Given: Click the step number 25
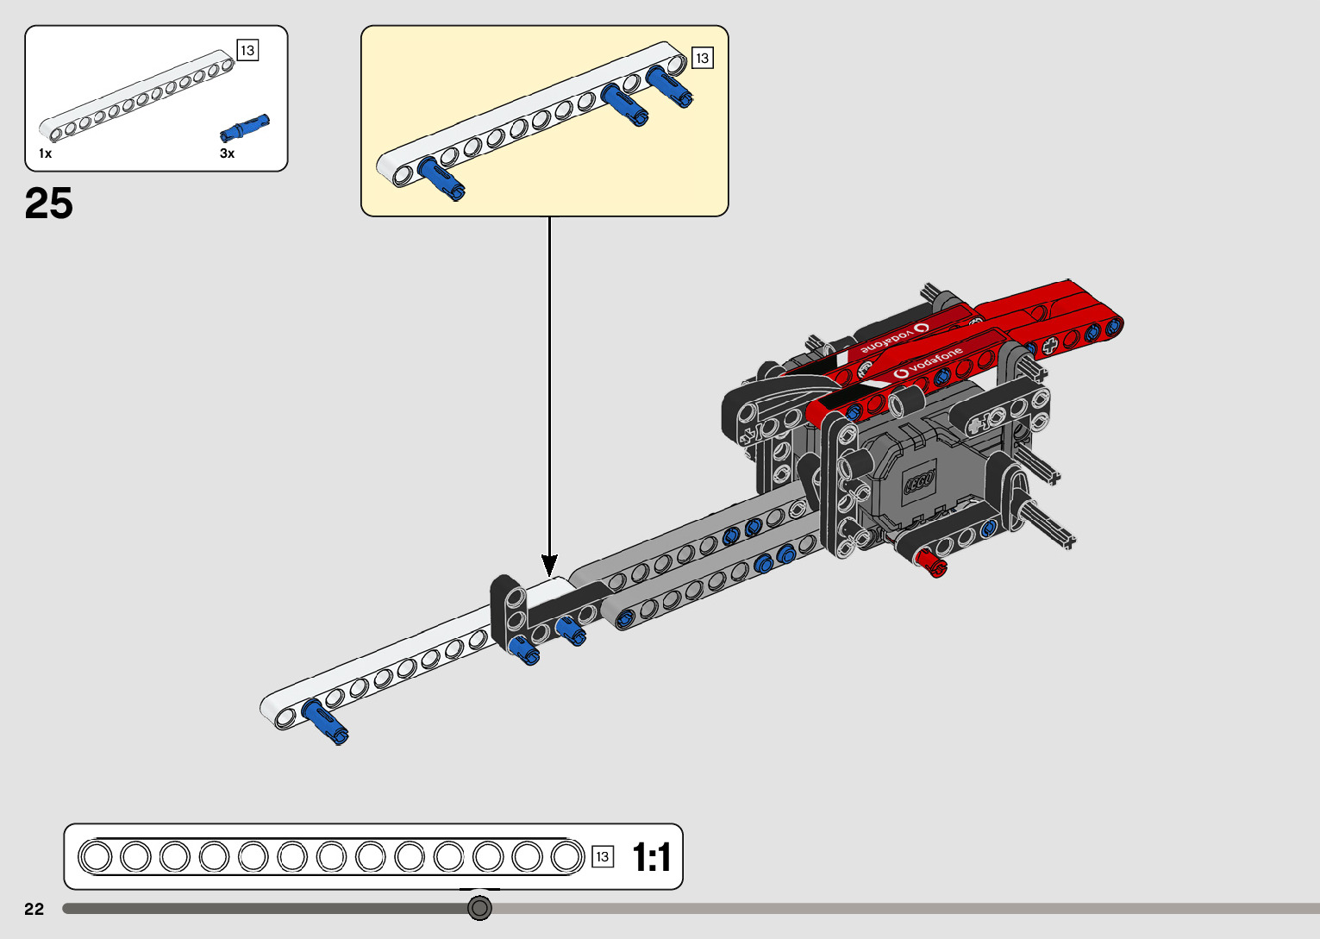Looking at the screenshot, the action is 49,204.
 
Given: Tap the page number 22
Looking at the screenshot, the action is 34,909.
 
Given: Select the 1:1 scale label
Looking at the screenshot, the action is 651,857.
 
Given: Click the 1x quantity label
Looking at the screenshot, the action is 46,153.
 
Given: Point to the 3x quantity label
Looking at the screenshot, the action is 227,153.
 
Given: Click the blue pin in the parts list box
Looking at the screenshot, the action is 245,128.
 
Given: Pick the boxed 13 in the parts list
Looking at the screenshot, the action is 247,51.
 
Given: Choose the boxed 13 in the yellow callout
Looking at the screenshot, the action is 703,59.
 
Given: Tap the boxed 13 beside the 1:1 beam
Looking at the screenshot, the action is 603,856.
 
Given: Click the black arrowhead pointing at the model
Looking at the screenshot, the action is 549,566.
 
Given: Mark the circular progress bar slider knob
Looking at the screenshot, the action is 479,908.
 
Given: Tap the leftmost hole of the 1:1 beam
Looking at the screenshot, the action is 96,857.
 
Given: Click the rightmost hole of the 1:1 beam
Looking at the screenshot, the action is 566,857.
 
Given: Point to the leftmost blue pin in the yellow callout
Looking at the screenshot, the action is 441,178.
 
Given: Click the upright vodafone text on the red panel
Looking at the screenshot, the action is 929,362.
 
